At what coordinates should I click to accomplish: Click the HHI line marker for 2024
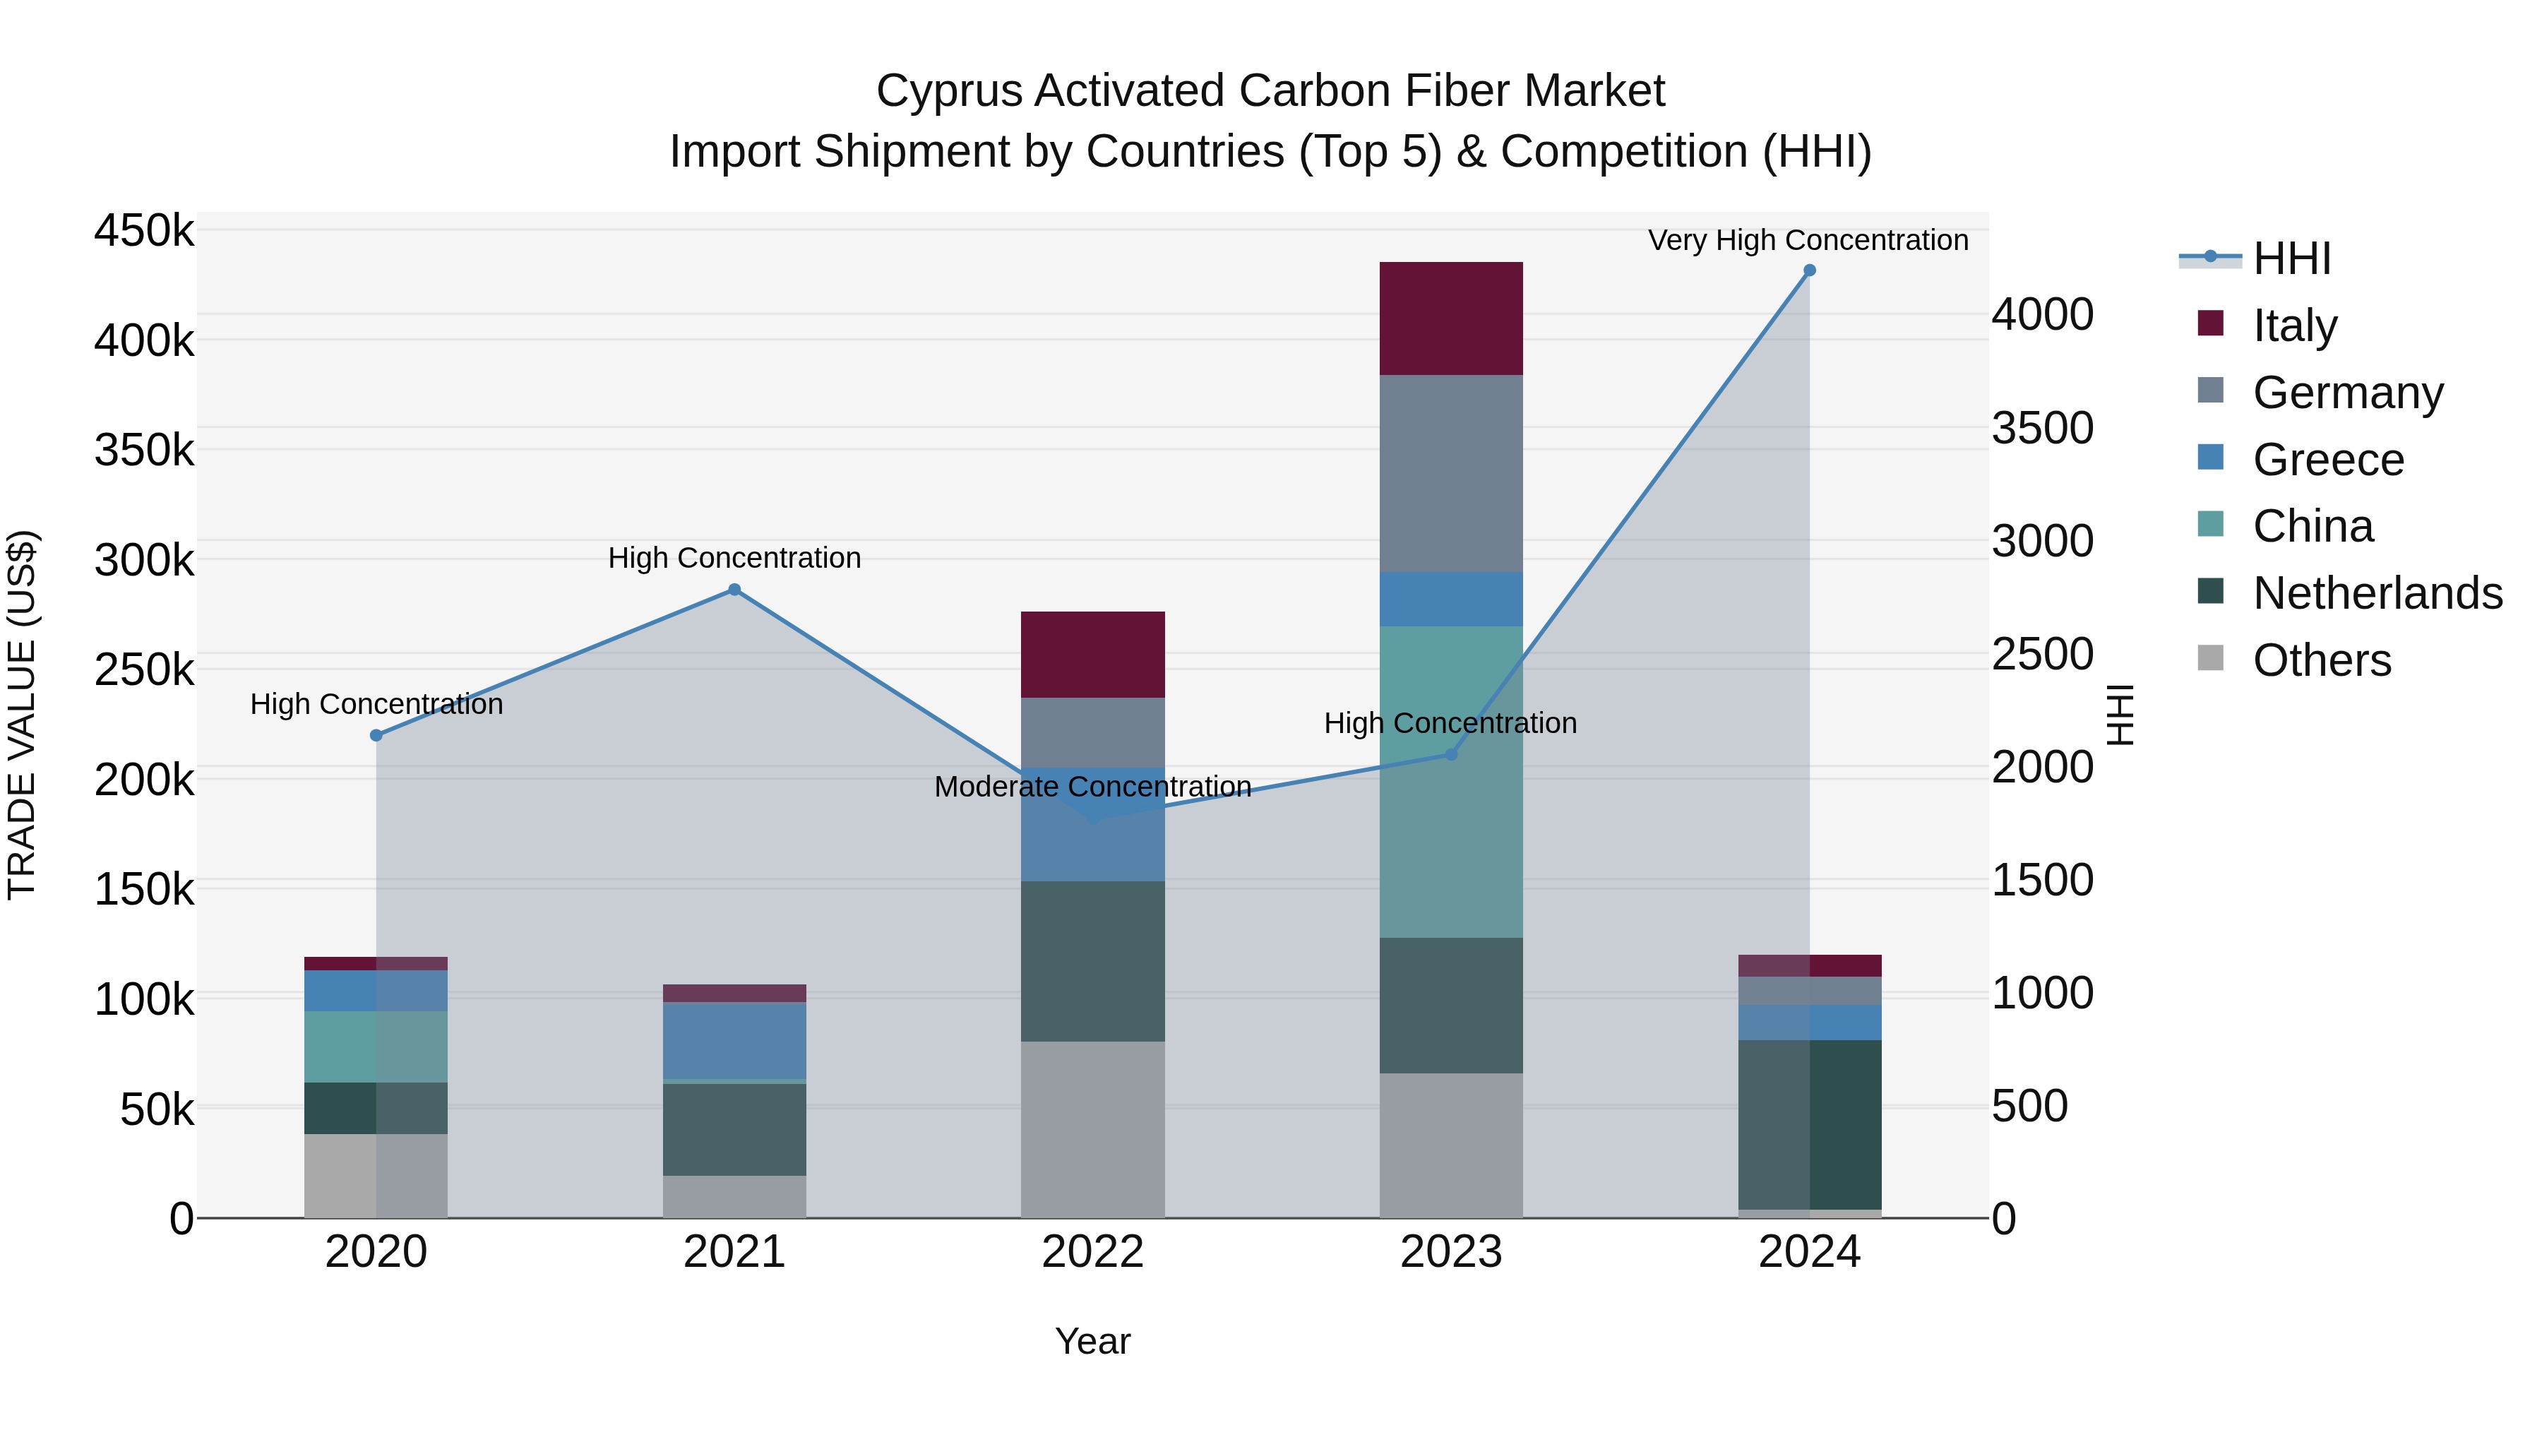1809,270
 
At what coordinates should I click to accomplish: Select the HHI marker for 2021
734,590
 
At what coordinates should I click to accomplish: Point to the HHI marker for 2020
376,735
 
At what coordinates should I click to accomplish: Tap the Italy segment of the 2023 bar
1450,318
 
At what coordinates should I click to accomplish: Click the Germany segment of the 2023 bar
1450,474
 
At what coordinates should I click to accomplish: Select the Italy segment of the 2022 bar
1092,655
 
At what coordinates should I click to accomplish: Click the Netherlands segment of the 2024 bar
1809,1124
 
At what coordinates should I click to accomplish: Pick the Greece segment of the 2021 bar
734,1040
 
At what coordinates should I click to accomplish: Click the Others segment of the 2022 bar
1092,1129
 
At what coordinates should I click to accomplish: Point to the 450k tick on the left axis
144,231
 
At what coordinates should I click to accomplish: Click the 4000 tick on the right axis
2041,315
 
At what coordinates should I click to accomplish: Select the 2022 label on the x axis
1092,1252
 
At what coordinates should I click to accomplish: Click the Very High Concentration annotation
1808,240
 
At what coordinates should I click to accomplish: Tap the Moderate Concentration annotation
1092,787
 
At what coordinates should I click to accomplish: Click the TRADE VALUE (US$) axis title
22,715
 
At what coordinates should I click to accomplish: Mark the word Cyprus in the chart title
948,91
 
